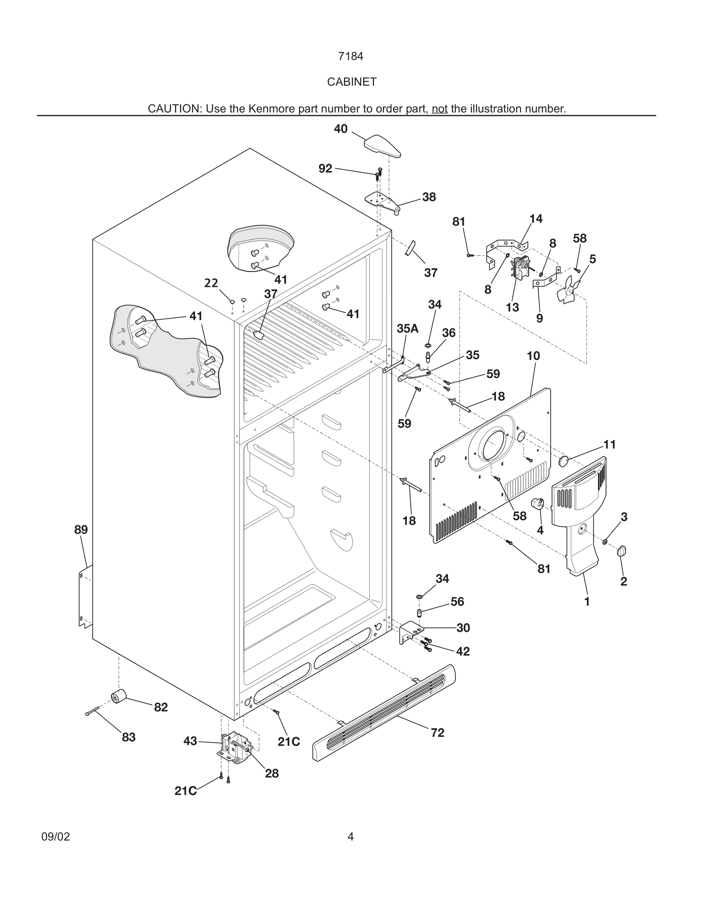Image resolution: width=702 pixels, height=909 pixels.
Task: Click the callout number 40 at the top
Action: tap(341, 129)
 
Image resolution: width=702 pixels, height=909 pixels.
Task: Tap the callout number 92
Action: tap(325, 169)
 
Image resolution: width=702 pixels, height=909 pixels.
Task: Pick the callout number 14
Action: tap(536, 218)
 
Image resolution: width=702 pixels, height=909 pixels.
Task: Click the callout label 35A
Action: tap(407, 328)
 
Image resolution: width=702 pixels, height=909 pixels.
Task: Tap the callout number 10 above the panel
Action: tap(533, 356)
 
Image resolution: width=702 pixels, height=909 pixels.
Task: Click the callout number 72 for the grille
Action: tap(437, 733)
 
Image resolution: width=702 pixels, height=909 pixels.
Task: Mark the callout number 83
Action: tap(128, 737)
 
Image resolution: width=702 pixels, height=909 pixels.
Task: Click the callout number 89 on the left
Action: tap(81, 530)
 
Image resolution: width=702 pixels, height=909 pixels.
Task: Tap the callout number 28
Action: tap(271, 773)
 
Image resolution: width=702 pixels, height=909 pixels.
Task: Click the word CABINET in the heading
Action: tap(351, 82)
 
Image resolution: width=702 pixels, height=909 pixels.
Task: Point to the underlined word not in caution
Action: tap(439, 109)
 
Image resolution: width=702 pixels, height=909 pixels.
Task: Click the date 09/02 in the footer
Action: tap(56, 837)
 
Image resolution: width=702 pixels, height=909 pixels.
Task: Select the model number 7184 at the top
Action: tap(351, 56)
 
